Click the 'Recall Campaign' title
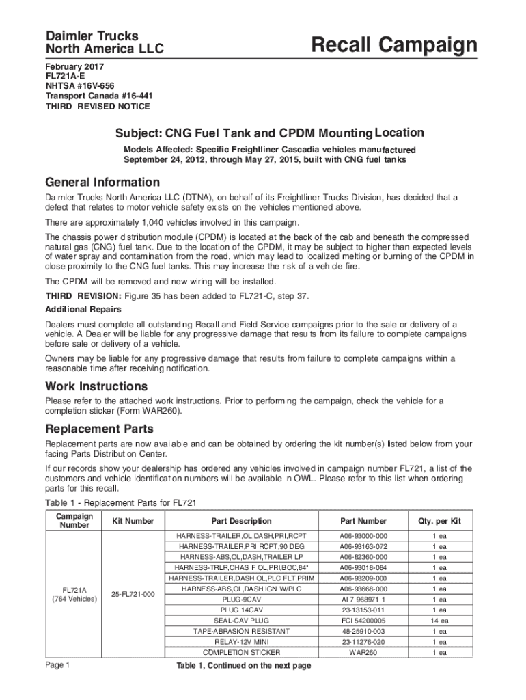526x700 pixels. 393,46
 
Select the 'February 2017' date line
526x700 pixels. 75,68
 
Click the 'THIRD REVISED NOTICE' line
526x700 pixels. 98,106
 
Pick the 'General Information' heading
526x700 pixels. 102,183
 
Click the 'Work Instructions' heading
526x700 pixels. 96,386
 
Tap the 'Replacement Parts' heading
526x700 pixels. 99,429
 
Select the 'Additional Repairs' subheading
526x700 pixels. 84,310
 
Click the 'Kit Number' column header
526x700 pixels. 133,521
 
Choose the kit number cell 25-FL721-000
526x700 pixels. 133,594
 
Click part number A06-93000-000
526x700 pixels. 363,536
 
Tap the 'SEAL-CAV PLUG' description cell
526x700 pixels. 241,621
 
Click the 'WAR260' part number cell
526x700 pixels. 363,653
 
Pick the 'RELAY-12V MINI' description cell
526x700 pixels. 241,642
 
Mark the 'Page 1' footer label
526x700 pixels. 57,665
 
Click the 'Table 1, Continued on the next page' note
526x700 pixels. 244,666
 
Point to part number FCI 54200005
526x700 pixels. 363,621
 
